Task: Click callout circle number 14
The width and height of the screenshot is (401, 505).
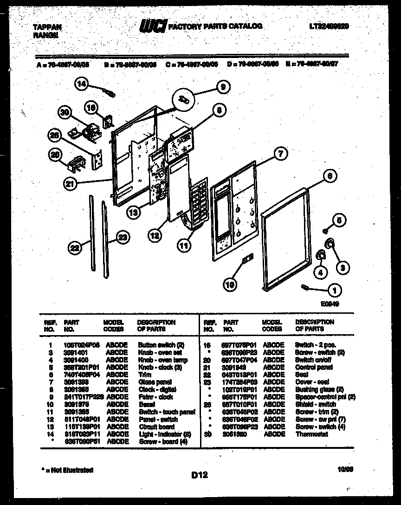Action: (82, 84)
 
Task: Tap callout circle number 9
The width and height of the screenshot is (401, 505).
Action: (223, 86)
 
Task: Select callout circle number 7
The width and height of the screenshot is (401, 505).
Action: (280, 153)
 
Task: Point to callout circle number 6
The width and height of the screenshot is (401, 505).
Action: (329, 176)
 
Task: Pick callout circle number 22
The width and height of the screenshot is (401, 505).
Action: (75, 248)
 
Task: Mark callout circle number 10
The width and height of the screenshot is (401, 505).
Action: (230, 285)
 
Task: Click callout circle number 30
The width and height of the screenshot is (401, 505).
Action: (65, 113)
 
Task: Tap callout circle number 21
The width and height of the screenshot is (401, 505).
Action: (69, 184)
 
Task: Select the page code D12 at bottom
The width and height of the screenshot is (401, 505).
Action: (199, 474)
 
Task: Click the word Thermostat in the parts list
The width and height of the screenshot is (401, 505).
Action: (311, 434)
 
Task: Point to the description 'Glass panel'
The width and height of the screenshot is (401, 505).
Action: (155, 382)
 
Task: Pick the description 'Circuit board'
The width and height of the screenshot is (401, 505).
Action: (156, 427)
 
